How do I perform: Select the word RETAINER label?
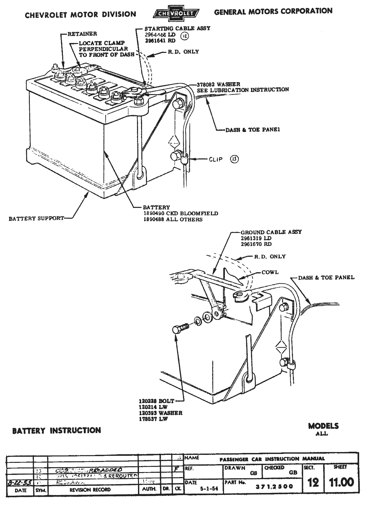pos(82,34)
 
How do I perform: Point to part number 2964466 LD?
pos(160,35)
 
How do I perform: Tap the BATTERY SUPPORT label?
pos(36,219)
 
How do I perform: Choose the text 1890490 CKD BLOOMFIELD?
pos(180,213)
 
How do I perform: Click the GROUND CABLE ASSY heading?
pos(271,232)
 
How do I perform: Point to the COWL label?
pos(270,272)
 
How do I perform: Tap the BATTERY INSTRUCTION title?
pos(56,430)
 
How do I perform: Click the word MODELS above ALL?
pos(323,426)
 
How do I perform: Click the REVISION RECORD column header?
pos(90,490)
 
